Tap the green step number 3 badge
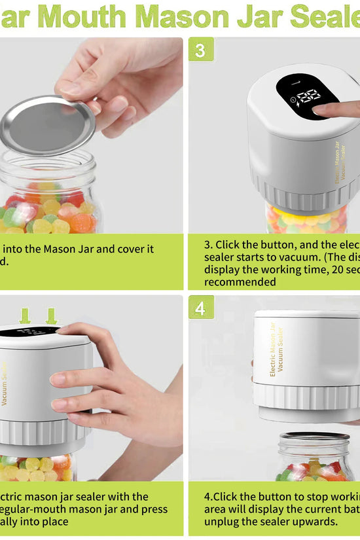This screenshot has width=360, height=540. [x=200, y=49]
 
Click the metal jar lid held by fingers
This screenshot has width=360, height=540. [x=47, y=124]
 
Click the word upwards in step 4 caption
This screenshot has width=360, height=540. [x=314, y=522]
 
